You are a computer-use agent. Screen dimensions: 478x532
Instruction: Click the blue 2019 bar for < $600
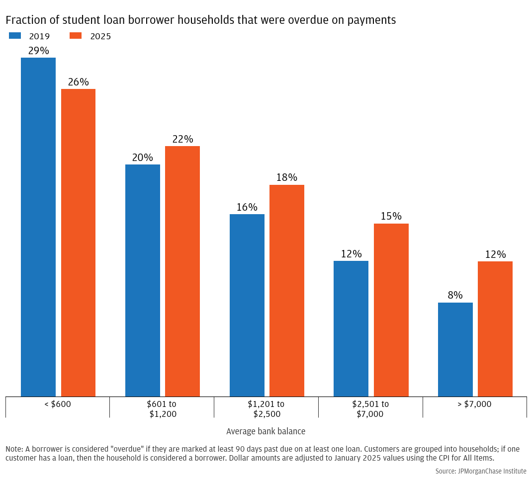[x=38, y=227]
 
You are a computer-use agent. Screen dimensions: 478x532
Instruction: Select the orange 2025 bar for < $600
[x=78, y=242]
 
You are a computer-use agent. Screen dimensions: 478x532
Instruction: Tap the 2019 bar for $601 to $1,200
[x=143, y=280]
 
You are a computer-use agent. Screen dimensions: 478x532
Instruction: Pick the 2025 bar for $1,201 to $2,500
[x=287, y=290]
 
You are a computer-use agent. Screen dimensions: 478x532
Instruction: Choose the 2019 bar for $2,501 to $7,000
[x=351, y=328]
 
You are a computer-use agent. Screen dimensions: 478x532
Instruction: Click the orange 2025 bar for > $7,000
[x=495, y=328]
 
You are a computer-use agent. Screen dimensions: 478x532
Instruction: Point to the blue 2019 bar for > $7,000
[x=455, y=349]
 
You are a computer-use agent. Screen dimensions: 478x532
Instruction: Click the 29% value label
[x=38, y=51]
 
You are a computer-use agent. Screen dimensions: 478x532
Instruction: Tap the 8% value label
[x=455, y=295]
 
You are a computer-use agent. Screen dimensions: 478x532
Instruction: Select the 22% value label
[x=182, y=139]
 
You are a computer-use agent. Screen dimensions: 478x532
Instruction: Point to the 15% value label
[x=391, y=217]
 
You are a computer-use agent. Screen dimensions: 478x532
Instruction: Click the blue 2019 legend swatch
[x=15, y=36]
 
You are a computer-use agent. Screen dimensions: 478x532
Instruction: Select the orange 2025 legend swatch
[x=76, y=36]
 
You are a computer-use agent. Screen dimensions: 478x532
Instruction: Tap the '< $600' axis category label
[x=58, y=404]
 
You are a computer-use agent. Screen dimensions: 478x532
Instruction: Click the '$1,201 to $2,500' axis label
[x=266, y=409]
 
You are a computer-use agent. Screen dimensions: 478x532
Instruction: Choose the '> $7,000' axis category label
[x=474, y=404]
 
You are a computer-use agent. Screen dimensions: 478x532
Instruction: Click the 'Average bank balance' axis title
[x=266, y=431]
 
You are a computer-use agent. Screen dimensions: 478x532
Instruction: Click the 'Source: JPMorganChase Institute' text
[x=481, y=471]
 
